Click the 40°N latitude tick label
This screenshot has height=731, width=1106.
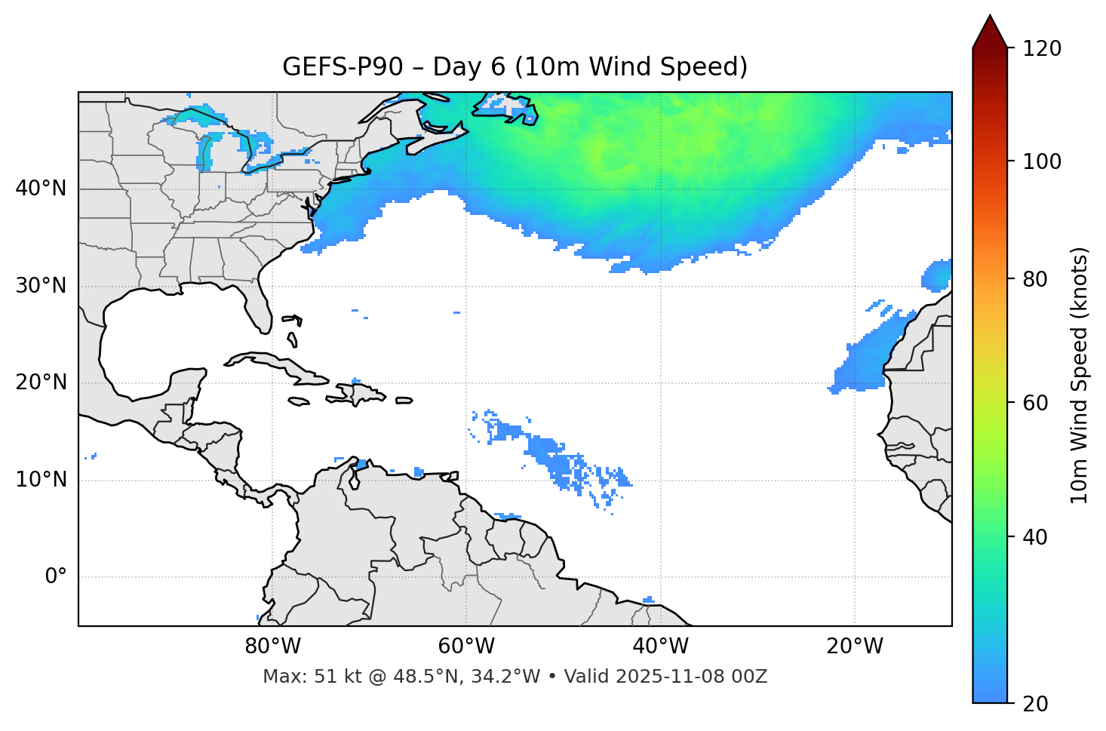(x=41, y=189)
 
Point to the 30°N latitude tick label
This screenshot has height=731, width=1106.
(x=41, y=286)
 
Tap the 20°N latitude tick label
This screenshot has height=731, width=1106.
(x=41, y=382)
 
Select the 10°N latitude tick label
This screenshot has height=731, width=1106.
(x=41, y=480)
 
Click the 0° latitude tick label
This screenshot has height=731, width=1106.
(x=56, y=577)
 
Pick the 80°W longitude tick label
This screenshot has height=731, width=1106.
(x=272, y=647)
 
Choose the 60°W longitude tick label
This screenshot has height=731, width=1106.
(x=466, y=647)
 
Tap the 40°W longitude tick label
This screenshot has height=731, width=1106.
(x=660, y=647)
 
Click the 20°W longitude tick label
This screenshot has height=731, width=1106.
(x=855, y=647)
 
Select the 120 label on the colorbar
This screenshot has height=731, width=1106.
(x=1042, y=49)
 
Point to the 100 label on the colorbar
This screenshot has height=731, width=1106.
(x=1042, y=161)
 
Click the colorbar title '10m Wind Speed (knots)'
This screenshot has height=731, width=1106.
(x=1080, y=375)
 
